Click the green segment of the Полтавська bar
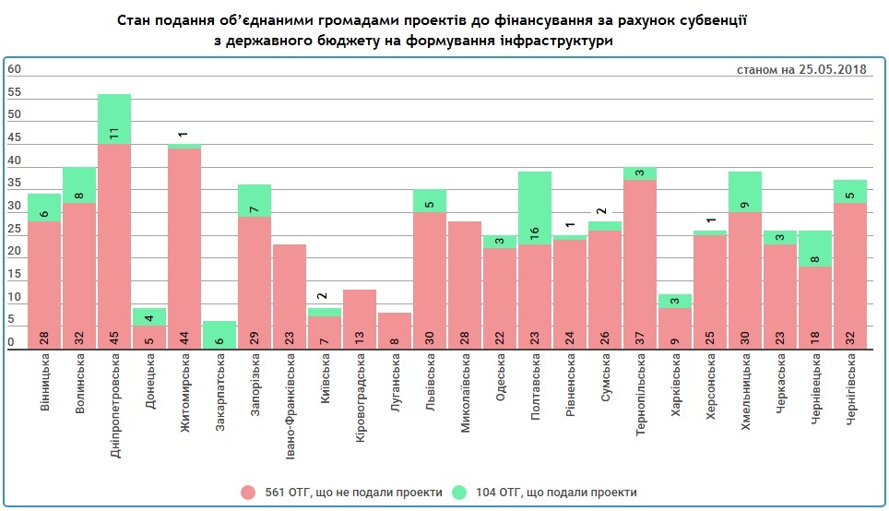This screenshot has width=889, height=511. coord(535,208)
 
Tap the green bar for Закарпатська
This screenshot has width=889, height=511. coord(219,335)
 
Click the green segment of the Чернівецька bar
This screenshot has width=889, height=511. coord(815,248)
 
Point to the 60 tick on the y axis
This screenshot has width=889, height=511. coord(14,69)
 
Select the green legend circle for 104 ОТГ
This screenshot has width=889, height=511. coord(460,492)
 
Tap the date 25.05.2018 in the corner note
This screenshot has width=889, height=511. coord(833,69)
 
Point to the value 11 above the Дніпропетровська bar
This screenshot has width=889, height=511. coord(114,132)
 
